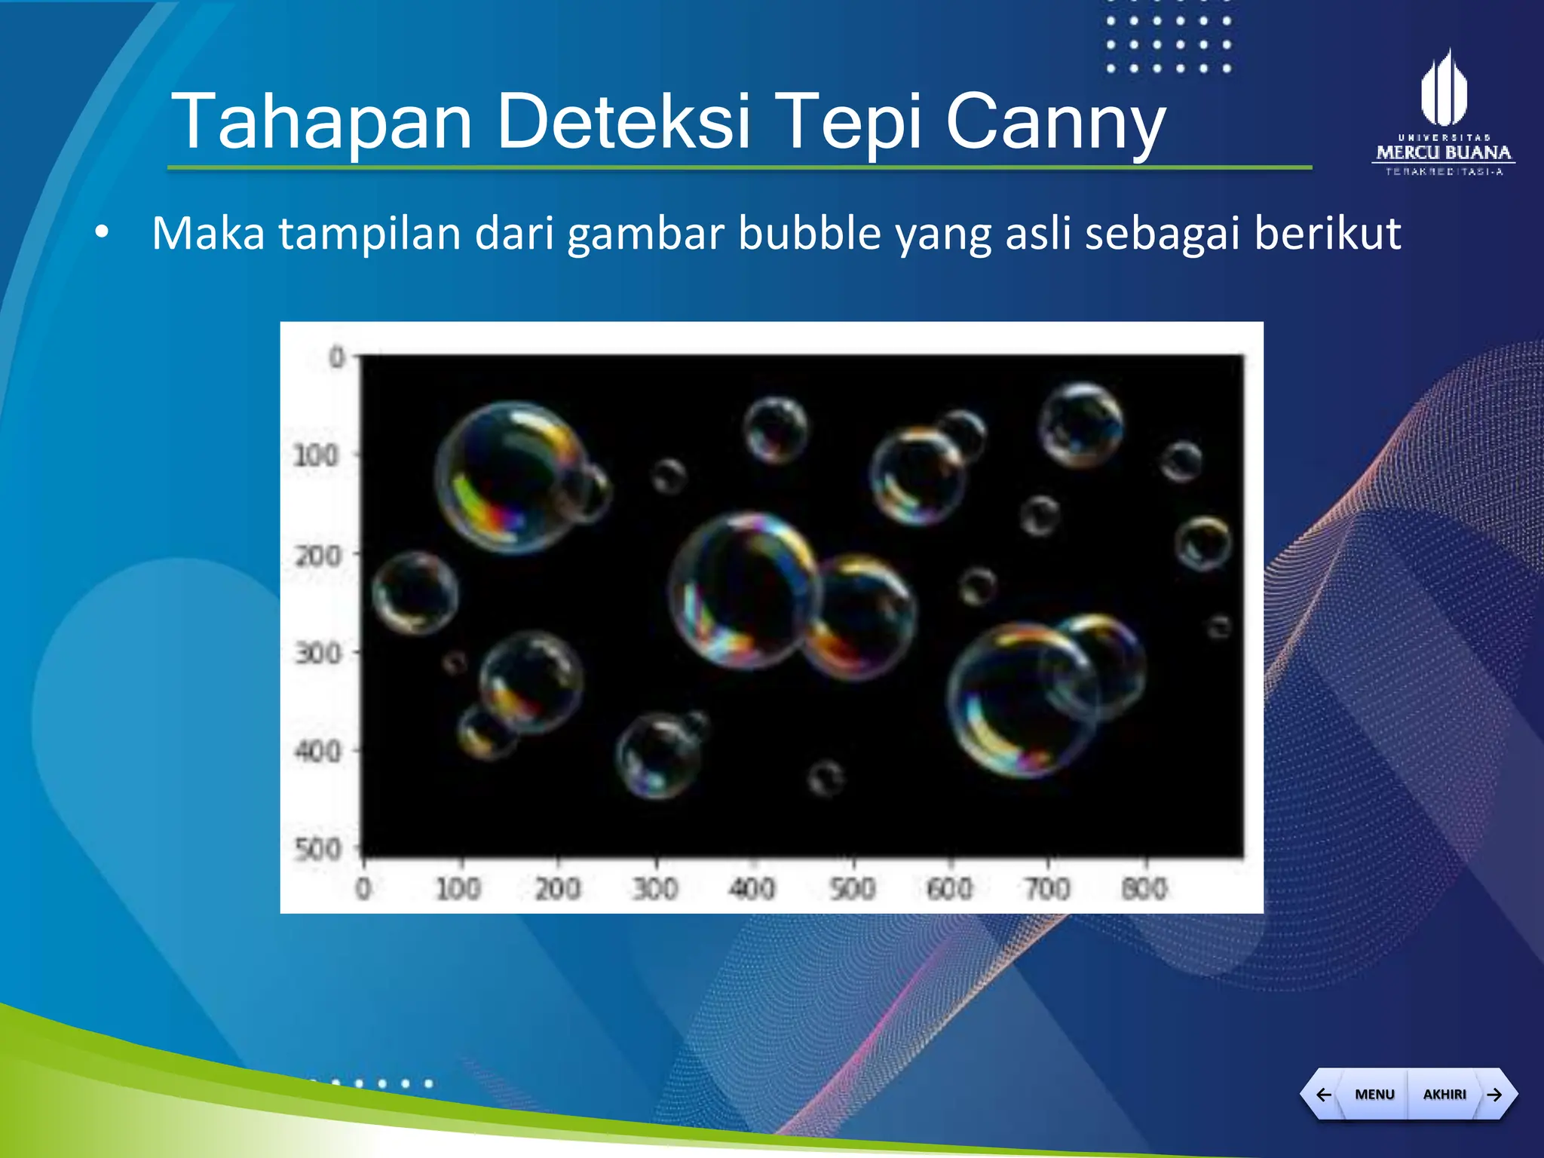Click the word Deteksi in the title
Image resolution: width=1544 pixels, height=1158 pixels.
[624, 121]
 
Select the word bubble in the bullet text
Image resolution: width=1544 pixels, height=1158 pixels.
[810, 233]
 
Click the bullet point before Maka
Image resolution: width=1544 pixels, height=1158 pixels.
[102, 233]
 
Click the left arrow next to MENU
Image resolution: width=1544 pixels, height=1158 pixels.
[1323, 1094]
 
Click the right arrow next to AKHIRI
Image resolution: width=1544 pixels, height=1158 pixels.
[1495, 1094]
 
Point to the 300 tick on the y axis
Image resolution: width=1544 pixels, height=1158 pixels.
[317, 653]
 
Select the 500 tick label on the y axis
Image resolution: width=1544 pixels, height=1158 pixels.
[317, 849]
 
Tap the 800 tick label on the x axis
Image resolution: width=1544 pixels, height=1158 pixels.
[1144, 889]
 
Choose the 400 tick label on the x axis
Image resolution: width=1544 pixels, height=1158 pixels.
[752, 889]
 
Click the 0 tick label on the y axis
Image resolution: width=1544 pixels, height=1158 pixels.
[337, 357]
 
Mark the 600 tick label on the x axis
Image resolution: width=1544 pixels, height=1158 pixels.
[949, 889]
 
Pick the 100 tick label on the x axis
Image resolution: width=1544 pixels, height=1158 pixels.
[458, 889]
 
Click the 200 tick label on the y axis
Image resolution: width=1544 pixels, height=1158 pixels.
[317, 556]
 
